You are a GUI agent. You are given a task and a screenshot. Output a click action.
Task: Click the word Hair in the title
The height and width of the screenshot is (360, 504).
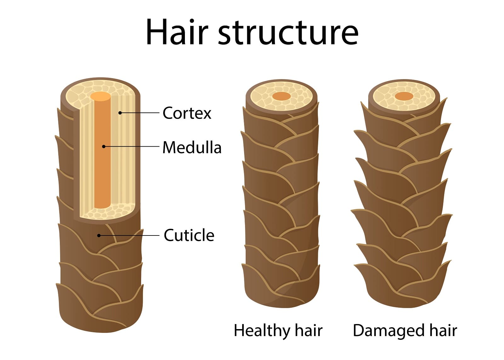pos(177,32)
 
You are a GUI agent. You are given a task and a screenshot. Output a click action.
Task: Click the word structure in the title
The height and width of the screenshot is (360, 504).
pos(288,33)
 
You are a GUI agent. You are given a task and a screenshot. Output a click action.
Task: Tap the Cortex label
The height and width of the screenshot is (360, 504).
pos(187,113)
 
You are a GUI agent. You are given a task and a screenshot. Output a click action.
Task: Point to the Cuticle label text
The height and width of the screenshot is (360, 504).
pos(189,235)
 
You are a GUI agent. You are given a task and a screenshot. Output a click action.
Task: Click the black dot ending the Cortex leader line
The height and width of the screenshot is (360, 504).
pos(120,113)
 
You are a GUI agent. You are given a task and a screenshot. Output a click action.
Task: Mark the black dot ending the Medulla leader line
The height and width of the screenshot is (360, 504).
pos(104,147)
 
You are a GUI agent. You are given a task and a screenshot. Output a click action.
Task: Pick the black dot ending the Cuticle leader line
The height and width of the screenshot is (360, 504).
pos(99,235)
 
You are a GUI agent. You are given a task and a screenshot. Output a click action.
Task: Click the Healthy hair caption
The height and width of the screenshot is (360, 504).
pos(278,331)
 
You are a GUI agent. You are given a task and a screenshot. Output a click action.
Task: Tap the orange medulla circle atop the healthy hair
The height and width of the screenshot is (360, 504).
pos(282,96)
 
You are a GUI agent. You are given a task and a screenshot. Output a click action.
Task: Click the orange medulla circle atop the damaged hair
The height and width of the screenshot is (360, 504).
pos(404,96)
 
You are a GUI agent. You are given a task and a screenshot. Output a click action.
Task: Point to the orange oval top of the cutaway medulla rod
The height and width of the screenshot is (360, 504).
pos(100,96)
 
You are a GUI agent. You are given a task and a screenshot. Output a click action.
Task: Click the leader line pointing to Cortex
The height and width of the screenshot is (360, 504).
pos(140,113)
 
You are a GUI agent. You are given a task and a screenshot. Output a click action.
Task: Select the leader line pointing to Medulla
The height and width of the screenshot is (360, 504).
pos(131,147)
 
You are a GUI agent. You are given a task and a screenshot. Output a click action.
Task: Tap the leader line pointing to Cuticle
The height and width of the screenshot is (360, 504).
pos(129,235)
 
